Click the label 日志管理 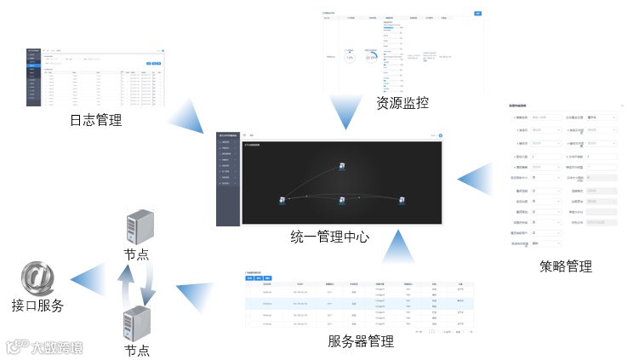click(96, 121)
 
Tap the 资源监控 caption click(402, 103)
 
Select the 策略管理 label click(566, 266)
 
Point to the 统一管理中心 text click(329, 237)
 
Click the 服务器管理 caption click(361, 341)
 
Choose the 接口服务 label click(37, 306)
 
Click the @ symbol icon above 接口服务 click(37, 277)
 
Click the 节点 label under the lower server click(137, 350)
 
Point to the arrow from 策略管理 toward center click(476, 178)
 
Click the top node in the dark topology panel click(340, 164)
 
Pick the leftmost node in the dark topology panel click(282, 200)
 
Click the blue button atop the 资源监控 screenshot click(477, 13)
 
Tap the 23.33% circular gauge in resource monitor click(373, 57)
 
